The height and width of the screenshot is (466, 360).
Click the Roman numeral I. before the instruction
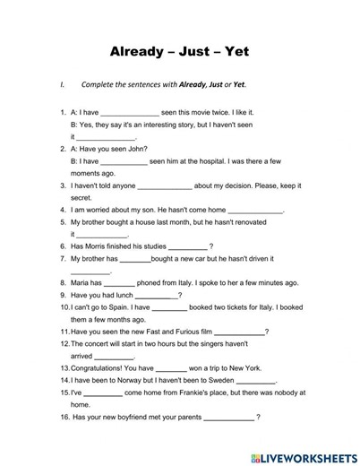(x=63, y=85)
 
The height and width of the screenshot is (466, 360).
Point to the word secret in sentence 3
(x=81, y=198)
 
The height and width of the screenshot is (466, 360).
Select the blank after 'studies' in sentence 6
(x=186, y=246)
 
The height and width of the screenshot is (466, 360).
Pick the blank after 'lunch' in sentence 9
(x=157, y=295)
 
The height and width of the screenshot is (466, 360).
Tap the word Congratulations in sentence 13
(x=103, y=368)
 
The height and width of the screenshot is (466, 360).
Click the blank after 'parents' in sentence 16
(x=229, y=418)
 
